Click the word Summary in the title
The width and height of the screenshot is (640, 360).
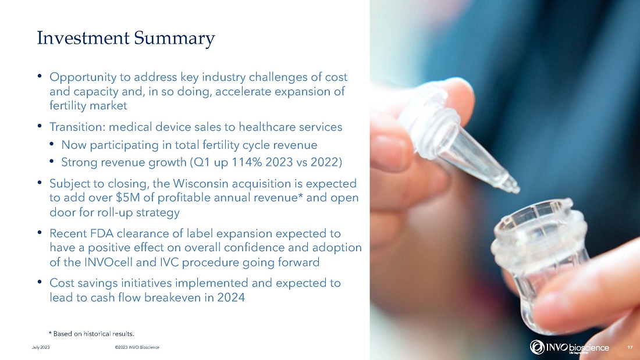175,39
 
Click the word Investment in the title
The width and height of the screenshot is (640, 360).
83,38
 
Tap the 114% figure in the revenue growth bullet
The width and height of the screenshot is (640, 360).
247,162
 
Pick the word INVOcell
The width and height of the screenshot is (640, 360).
109,262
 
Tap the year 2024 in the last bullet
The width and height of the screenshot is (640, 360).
231,298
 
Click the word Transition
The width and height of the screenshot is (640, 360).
77,127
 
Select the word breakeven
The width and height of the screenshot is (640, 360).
173,298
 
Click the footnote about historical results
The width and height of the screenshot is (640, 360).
91,334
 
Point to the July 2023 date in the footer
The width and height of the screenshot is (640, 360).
41,347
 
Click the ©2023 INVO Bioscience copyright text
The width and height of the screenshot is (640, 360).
137,347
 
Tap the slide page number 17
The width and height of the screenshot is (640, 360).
630,347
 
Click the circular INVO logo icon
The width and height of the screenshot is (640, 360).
537,347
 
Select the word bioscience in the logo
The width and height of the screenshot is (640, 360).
589,348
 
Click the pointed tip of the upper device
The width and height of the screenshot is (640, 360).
517,190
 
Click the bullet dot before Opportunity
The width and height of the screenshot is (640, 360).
40,76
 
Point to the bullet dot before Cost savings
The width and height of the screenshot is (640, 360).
40,283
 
